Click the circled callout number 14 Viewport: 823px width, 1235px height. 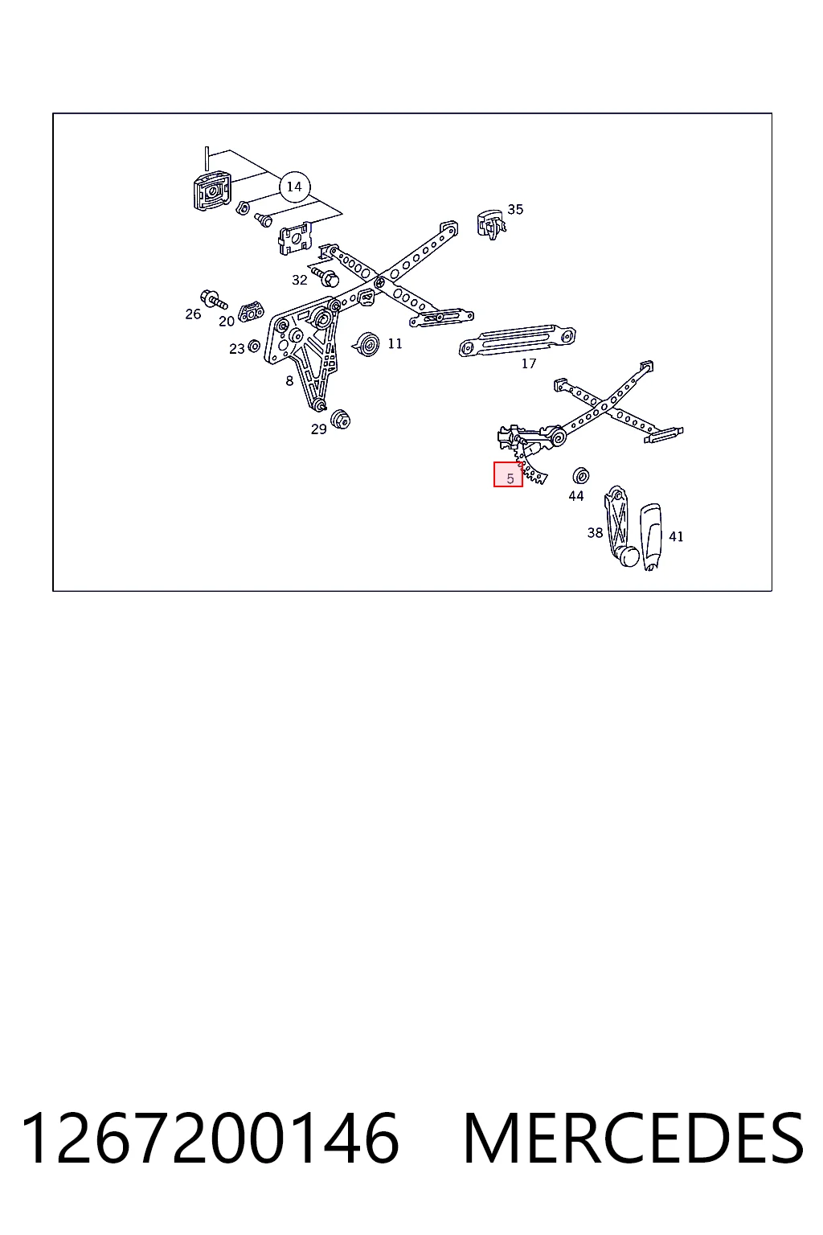(294, 187)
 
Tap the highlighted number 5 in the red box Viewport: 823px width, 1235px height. (510, 478)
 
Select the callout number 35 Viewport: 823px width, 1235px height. (515, 210)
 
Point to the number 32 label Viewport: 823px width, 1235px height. (299, 280)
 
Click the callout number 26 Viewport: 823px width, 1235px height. (193, 314)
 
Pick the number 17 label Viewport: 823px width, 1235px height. (529, 363)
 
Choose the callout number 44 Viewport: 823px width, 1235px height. (576, 496)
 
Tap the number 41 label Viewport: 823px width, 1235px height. (676, 536)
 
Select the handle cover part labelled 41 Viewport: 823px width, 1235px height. (650, 536)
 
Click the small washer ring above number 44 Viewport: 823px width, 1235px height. (581, 475)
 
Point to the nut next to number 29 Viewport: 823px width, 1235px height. (340, 420)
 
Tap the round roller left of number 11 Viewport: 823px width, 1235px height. (366, 345)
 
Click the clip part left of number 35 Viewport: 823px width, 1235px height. (490, 224)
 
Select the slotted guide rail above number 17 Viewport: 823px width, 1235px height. (517, 340)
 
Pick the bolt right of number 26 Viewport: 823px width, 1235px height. (215, 299)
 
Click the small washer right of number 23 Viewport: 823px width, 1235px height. (254, 347)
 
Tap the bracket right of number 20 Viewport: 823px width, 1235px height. (251, 311)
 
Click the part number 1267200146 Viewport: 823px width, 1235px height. (210, 1139)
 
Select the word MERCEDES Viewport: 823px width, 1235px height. (633, 1139)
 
